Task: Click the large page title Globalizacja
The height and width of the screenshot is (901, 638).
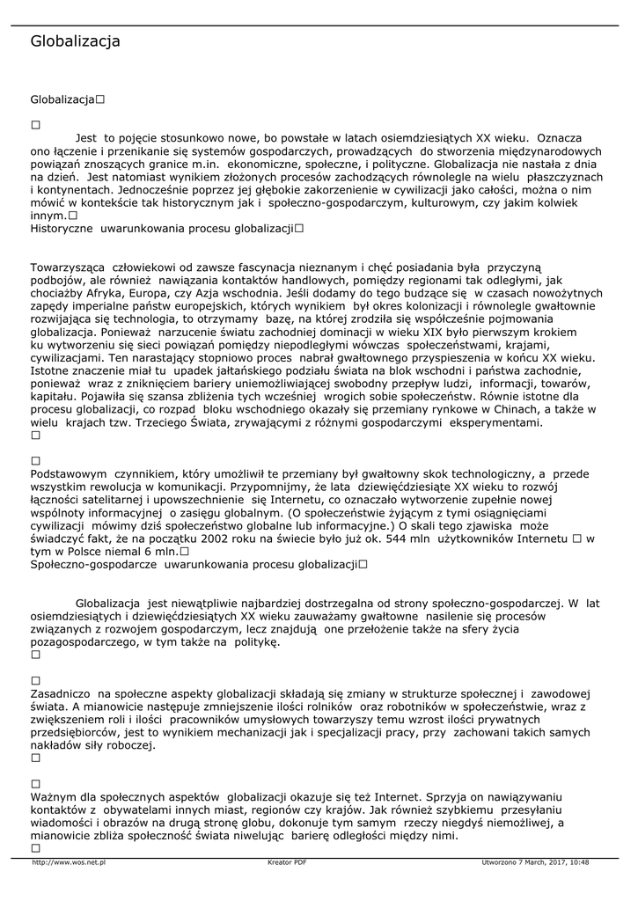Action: pos(75,41)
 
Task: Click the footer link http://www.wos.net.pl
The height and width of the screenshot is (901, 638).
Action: pos(69,862)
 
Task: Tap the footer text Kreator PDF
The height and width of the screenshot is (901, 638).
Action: pos(287,862)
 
